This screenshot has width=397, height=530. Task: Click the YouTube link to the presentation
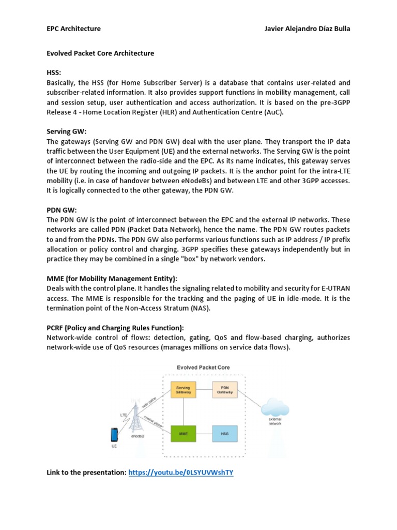(x=181, y=473)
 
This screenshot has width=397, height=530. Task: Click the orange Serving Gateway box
(x=184, y=390)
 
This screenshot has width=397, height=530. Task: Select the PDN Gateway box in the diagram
(x=224, y=390)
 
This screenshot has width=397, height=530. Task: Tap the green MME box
(x=184, y=433)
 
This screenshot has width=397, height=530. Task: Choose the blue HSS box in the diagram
(x=224, y=433)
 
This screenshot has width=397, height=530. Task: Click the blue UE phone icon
(x=114, y=434)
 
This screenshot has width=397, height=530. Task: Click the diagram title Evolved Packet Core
(x=203, y=367)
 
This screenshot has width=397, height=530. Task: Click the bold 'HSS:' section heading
(x=54, y=73)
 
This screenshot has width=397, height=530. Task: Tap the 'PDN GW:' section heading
(x=62, y=210)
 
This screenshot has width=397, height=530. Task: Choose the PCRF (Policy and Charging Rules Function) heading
(x=115, y=328)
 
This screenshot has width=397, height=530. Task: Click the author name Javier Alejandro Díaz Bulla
(x=307, y=28)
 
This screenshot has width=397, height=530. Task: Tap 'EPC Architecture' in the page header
(x=73, y=28)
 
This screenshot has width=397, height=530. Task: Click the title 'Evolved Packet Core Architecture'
(x=100, y=53)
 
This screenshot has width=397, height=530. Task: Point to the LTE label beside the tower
(x=123, y=415)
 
